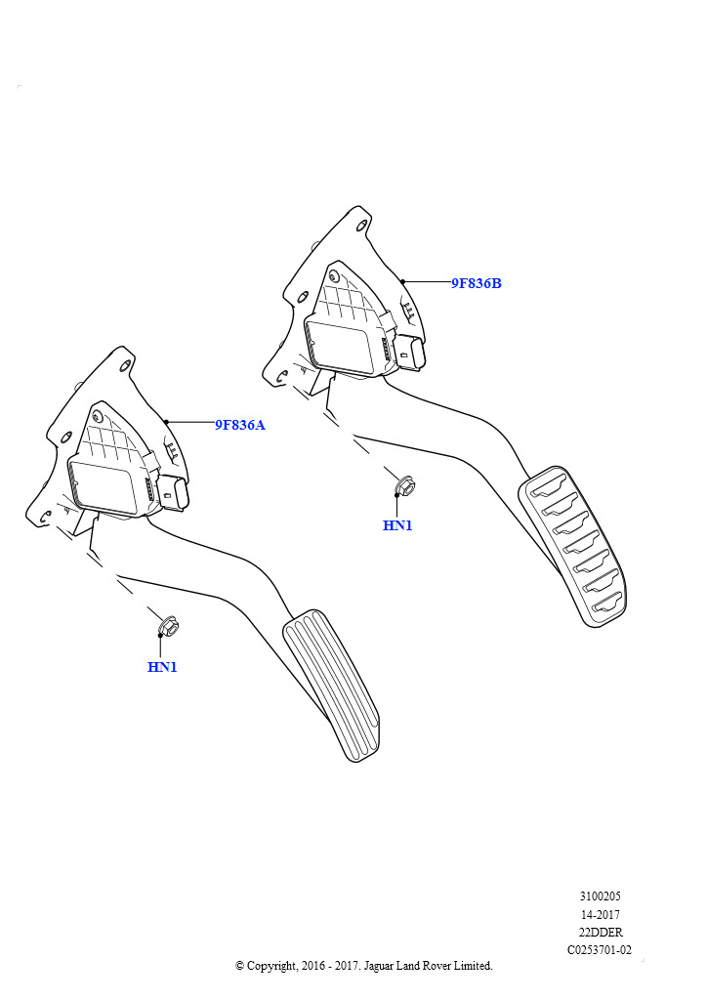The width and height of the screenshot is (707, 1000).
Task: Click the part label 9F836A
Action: point(239,425)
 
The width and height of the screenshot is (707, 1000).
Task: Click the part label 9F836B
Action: point(477,283)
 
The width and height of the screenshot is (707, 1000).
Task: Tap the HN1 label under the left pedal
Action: point(162,667)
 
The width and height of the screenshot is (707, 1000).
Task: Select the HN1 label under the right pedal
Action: point(397,525)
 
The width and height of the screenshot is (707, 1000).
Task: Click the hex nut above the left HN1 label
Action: point(168,626)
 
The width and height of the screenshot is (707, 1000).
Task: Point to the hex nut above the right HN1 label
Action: point(404,486)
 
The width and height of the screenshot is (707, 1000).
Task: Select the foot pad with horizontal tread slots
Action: point(572,546)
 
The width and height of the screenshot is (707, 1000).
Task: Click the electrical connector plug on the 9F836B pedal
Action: point(410,352)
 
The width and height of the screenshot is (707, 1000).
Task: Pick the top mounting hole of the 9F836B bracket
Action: point(362,226)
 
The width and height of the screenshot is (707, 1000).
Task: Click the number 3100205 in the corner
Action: point(600,896)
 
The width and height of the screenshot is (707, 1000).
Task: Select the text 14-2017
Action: point(600,914)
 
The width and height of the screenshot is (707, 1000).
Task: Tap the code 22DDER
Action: point(600,932)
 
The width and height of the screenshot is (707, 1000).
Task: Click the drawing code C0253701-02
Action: point(600,949)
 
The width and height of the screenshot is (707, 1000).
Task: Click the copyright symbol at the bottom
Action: point(239,966)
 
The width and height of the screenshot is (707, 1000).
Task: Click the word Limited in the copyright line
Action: point(473,966)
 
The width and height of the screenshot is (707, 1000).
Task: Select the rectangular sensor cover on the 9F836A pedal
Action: point(102,487)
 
